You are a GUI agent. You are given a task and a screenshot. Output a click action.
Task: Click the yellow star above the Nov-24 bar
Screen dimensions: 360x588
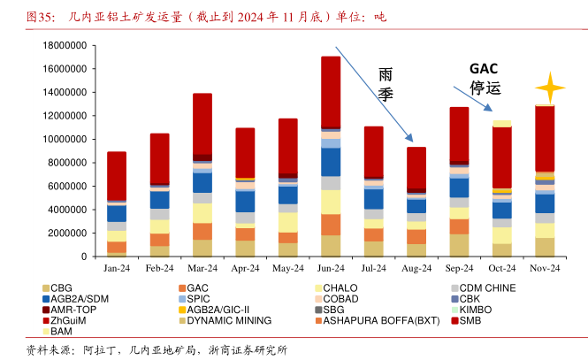pos(549,88)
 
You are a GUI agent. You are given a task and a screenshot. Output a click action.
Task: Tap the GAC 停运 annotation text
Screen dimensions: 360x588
pos(485,79)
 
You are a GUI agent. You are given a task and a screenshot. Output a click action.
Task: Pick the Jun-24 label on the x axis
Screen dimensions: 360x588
pos(331,268)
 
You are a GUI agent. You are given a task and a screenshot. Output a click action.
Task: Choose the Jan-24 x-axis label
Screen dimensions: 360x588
pos(116,268)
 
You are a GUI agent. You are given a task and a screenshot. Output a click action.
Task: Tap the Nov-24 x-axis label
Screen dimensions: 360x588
pos(545,268)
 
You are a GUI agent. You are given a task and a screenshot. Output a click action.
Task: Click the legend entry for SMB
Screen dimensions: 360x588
pos(470,319)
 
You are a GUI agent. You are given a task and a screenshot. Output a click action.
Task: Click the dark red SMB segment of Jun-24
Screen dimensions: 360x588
pos(331,93)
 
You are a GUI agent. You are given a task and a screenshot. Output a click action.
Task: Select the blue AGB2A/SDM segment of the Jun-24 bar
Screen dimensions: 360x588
pos(331,162)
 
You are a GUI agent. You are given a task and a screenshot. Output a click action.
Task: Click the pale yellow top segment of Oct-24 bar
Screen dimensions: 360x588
pos(502,123)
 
